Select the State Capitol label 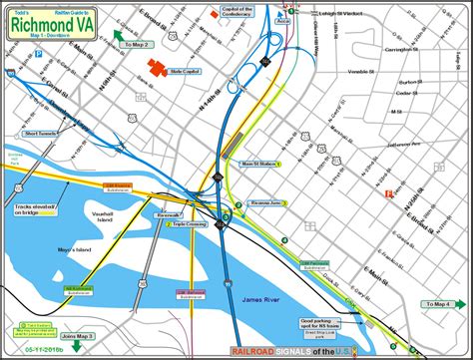click(190, 72)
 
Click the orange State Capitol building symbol click(157, 67)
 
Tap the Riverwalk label click(168, 214)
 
